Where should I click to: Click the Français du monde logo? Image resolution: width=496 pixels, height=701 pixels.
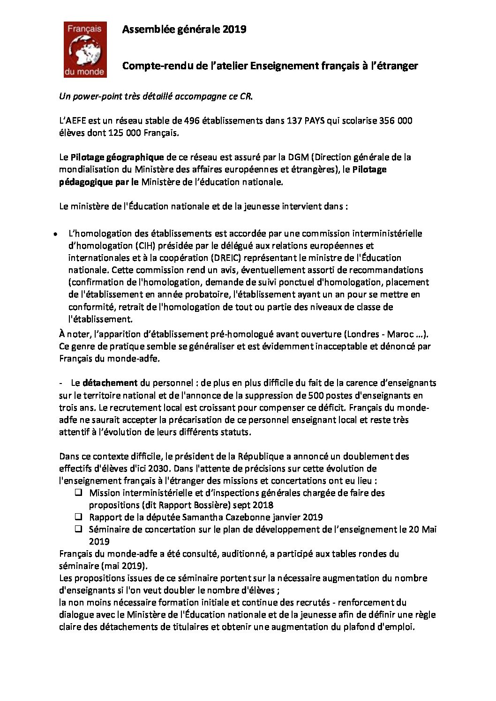(x=84, y=50)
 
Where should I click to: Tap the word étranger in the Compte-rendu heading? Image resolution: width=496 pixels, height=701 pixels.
(x=397, y=66)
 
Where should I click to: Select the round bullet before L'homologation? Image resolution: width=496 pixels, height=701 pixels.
(x=55, y=234)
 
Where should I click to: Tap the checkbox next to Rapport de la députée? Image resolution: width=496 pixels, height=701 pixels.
(x=79, y=517)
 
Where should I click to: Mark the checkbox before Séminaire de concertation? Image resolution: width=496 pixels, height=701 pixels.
(x=79, y=529)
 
